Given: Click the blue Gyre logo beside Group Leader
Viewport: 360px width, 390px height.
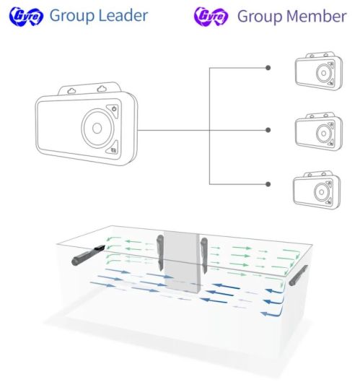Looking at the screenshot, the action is [26, 16].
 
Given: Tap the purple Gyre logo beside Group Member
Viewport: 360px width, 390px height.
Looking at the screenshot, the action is [211, 16].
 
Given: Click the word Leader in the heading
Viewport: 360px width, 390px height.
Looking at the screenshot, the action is [123, 15].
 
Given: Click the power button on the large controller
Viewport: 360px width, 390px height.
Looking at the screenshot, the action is [113, 110].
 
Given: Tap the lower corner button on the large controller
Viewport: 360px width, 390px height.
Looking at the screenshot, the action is [113, 149].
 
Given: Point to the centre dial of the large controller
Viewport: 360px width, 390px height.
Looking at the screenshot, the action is [97, 128].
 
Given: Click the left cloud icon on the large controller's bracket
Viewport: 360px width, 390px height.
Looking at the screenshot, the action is [71, 91].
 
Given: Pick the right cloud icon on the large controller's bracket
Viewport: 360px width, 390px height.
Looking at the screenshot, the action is [102, 89].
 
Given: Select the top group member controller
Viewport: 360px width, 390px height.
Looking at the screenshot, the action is [319, 71].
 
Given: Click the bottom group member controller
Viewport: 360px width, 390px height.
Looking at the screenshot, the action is [317, 190].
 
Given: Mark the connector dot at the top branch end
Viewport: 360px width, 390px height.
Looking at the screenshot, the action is [268, 68].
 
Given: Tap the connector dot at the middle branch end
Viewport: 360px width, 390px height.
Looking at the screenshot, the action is [268, 130].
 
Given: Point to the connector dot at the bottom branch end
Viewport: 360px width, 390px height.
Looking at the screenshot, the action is [268, 184].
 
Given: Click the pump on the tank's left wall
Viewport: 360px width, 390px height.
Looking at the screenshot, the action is [87, 255].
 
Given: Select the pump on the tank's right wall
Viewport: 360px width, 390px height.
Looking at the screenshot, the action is [298, 276].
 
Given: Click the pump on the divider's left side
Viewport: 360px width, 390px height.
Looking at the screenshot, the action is [160, 253].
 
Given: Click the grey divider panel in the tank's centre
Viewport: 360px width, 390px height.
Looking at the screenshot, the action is [182, 262].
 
